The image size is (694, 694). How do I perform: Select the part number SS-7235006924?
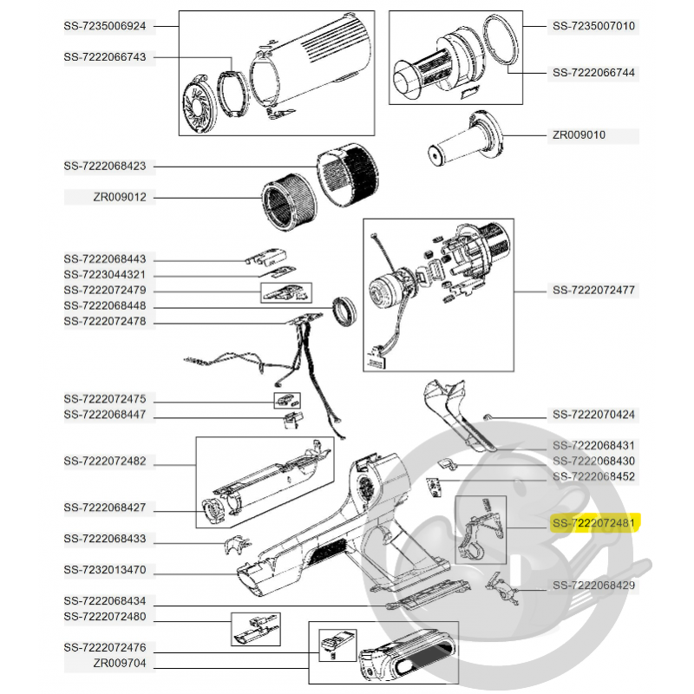(105, 26)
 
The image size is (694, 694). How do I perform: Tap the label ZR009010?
(579, 135)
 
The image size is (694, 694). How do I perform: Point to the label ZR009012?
(119, 198)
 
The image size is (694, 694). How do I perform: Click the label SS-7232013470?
(105, 570)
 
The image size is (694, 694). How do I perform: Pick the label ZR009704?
(119, 662)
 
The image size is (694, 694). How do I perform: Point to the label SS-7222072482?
(105, 461)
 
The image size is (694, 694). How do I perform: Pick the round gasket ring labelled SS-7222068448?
(346, 311)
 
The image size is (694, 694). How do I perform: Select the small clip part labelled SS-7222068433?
(233, 545)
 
